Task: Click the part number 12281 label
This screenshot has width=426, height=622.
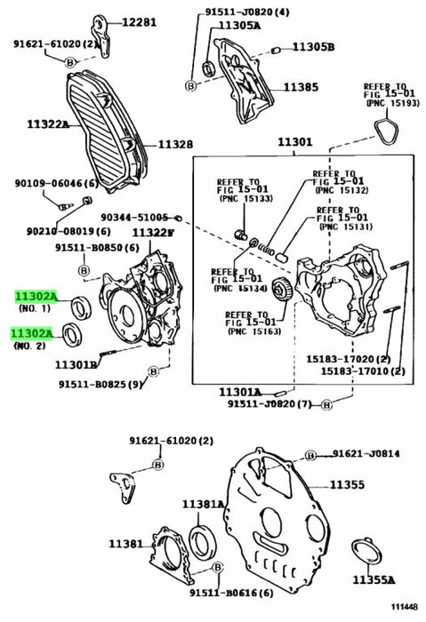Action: (139, 22)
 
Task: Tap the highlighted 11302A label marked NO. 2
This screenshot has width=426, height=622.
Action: (31, 334)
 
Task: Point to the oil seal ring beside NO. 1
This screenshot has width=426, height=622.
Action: (81, 307)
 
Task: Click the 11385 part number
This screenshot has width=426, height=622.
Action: (301, 87)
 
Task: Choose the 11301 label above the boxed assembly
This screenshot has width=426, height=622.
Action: (295, 142)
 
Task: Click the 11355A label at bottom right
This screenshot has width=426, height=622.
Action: (374, 580)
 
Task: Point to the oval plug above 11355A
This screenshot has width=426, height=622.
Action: (366, 551)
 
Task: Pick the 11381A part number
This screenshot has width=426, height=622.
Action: (204, 504)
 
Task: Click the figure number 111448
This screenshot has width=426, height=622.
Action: (404, 607)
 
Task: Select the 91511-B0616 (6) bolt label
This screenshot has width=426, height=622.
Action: (232, 593)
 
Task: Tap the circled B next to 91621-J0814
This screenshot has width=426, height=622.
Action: (311, 455)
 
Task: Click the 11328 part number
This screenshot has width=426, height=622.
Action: (175, 145)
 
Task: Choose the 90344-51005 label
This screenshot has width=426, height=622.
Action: (134, 218)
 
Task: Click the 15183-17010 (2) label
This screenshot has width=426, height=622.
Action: (363, 371)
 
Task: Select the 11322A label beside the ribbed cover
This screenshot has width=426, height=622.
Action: (48, 124)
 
